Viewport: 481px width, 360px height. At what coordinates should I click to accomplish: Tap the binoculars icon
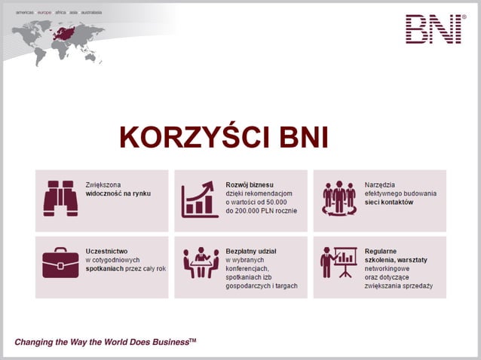pos(60,197)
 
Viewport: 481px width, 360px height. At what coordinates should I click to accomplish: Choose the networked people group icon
pos(339,197)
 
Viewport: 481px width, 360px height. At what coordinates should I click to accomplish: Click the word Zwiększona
pos(103,184)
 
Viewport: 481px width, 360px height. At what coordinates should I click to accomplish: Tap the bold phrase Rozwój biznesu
pos(250,184)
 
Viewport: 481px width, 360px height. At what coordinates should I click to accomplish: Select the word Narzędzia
pos(381,184)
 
